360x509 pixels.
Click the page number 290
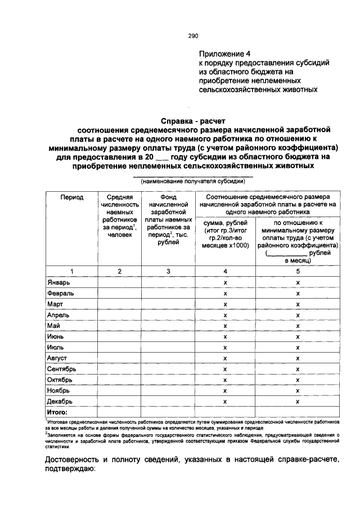[x=193, y=36]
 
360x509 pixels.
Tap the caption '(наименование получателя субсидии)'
[x=193, y=182]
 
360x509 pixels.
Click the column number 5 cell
[x=298, y=271]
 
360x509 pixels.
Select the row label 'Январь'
[x=58, y=282]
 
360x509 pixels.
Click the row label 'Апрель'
[x=58, y=315]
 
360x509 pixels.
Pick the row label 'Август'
[x=57, y=358]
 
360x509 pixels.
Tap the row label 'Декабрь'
[x=59, y=402]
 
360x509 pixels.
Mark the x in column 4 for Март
[x=225, y=304]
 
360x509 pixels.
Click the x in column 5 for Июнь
[x=298, y=336]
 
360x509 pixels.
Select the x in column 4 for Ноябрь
[x=225, y=390]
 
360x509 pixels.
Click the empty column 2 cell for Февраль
[x=120, y=293]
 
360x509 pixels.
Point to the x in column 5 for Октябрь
[x=298, y=380]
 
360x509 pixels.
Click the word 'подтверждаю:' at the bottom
[x=70, y=470]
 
